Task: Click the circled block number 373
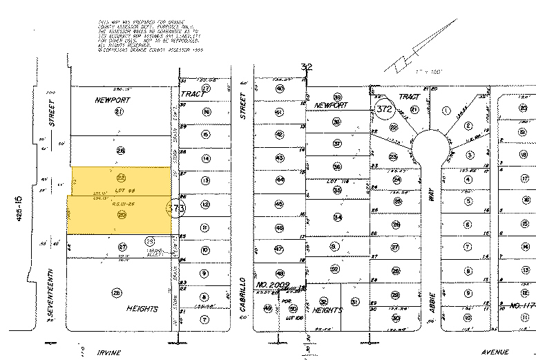click(176, 208)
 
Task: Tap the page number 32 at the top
click(307, 67)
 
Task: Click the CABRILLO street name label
click(242, 297)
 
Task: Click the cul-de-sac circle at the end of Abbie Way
click(428, 146)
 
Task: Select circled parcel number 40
click(279, 88)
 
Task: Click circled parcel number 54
click(338, 218)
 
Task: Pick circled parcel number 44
click(280, 180)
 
